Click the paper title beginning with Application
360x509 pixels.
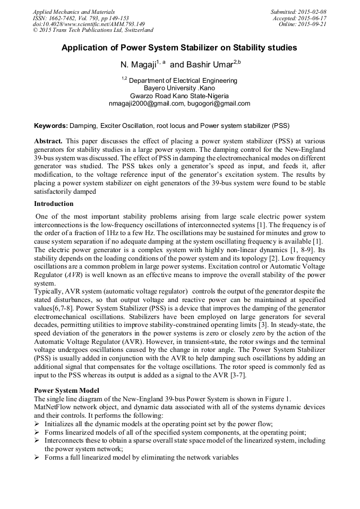(179, 48)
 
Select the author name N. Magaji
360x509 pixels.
(140, 64)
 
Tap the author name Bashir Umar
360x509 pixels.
(210, 64)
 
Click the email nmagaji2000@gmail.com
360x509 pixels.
(146, 103)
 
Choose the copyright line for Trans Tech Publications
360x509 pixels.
(93, 30)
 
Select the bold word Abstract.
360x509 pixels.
(48, 142)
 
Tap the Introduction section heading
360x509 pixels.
(54, 204)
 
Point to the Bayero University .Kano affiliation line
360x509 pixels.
(179, 88)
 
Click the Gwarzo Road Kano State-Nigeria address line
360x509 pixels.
(179, 96)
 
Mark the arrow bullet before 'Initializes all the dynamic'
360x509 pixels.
(37, 424)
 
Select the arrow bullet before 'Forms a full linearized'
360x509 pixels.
(37, 457)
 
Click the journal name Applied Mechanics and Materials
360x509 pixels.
(73, 11)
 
